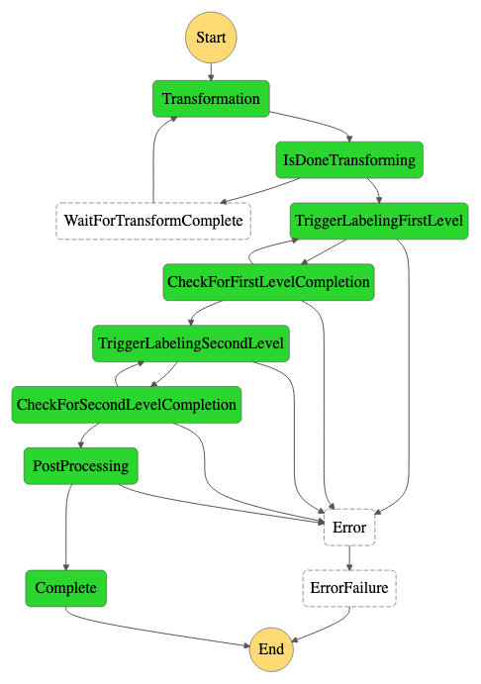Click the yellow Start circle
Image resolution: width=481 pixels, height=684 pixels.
click(211, 38)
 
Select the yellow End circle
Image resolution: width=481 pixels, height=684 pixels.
click(271, 649)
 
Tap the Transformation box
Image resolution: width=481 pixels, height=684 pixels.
click(211, 99)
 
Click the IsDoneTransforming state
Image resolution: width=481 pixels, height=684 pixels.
click(349, 159)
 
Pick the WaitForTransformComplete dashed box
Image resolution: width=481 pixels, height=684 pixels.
click(153, 221)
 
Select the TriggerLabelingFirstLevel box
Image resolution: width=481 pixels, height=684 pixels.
click(379, 221)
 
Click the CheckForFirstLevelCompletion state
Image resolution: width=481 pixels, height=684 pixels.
click(268, 282)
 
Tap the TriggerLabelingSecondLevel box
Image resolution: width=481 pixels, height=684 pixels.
click(191, 343)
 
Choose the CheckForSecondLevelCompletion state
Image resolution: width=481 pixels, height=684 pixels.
click(127, 405)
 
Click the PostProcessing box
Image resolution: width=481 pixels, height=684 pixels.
click(81, 466)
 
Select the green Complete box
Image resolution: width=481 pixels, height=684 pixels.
click(66, 588)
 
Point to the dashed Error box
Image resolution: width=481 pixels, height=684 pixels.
click(349, 527)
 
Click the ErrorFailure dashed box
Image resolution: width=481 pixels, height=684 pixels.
click(349, 588)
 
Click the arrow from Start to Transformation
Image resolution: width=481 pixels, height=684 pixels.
click(211, 72)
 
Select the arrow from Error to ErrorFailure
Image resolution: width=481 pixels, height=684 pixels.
click(349, 558)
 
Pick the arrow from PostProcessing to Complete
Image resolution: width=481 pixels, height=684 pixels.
click(66, 528)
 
